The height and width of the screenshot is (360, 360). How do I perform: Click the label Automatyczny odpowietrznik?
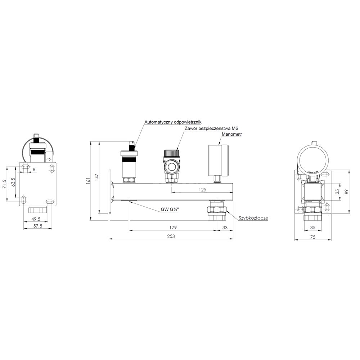[173, 122]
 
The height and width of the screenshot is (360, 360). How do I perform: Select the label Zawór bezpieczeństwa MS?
[211, 129]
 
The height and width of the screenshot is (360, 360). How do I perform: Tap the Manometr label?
[231, 134]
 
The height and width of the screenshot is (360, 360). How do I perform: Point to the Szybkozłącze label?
[253, 218]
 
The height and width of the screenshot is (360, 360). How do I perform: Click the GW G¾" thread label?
[170, 209]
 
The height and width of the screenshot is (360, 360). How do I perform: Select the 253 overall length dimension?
[171, 236]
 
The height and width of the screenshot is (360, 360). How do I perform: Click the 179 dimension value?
[173, 227]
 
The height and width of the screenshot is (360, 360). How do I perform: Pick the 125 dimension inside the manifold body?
[202, 190]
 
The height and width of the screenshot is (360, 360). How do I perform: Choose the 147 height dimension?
[96, 178]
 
